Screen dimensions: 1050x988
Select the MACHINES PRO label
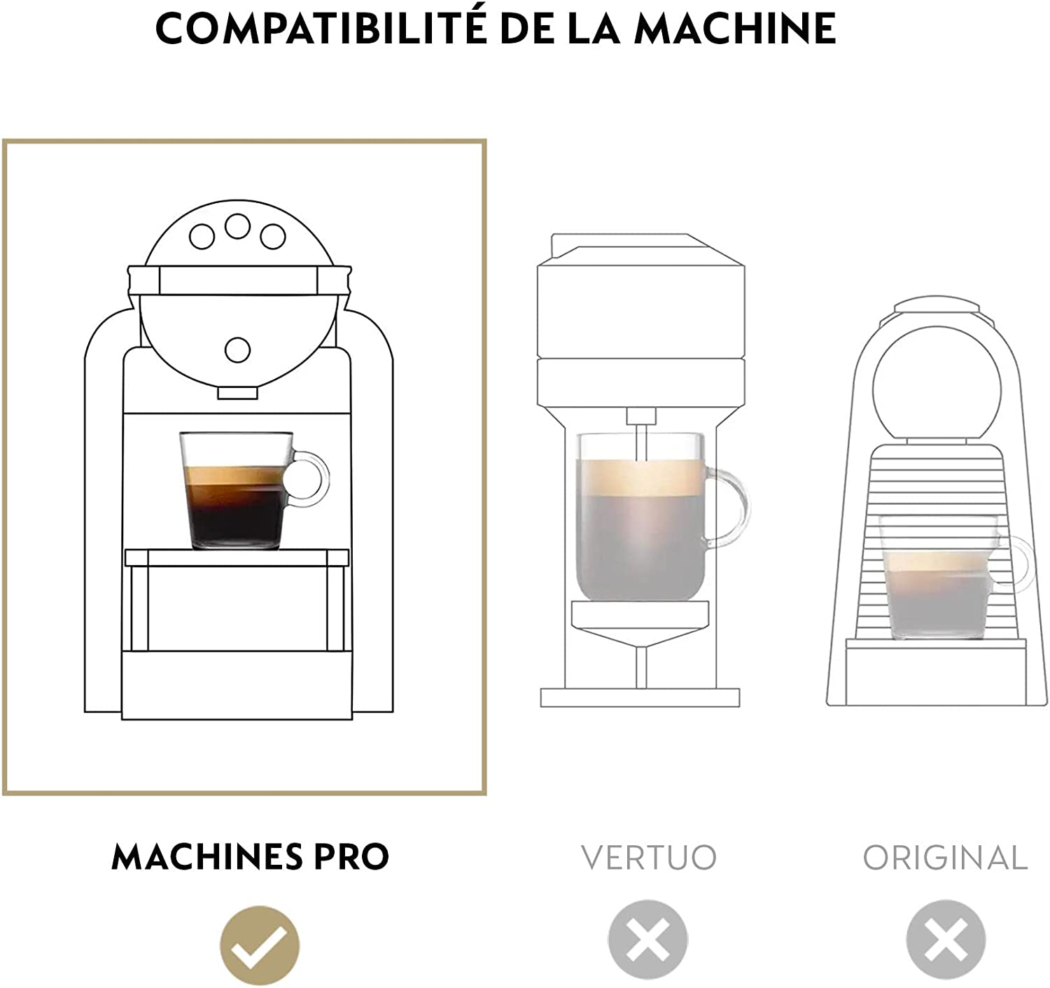click(x=251, y=857)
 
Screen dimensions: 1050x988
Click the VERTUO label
click(x=649, y=857)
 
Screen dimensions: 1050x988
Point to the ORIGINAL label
click(x=945, y=857)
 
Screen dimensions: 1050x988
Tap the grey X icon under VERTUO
click(x=647, y=940)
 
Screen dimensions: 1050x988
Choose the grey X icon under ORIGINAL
click(x=946, y=940)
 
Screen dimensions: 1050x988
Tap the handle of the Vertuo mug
click(x=729, y=507)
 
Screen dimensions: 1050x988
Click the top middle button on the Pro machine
click(x=237, y=226)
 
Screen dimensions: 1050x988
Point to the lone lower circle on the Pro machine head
click(x=237, y=349)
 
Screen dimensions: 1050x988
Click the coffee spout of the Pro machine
click(x=237, y=393)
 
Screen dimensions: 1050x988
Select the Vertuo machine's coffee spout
click(x=641, y=433)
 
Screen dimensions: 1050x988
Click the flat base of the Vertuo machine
click(x=640, y=697)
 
